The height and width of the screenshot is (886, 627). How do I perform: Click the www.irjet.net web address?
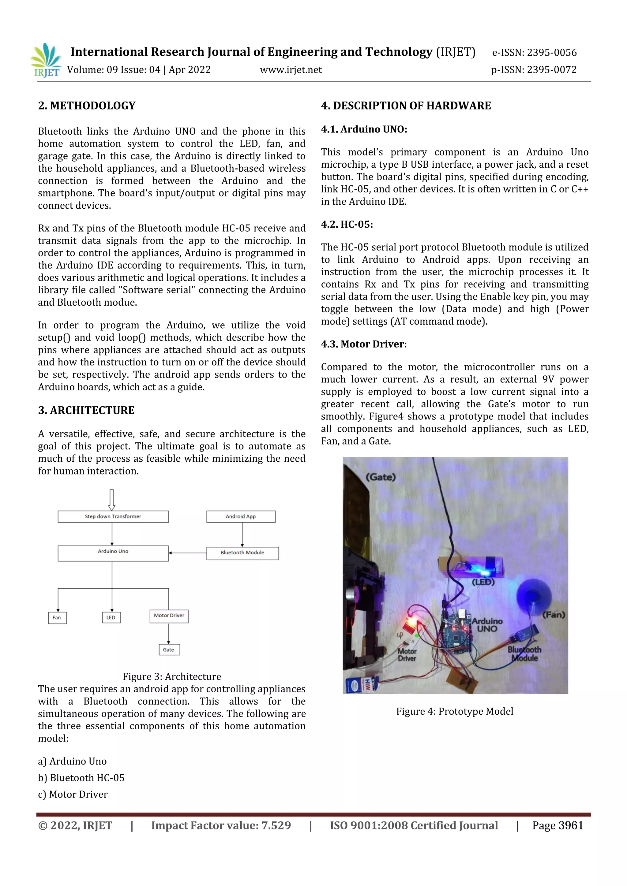click(291, 70)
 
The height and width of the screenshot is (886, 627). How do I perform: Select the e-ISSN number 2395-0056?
click(552, 53)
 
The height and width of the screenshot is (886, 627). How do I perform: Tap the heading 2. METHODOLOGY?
click(87, 106)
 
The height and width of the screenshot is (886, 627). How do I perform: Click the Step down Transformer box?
click(113, 517)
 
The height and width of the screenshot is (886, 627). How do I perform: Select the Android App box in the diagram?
click(241, 517)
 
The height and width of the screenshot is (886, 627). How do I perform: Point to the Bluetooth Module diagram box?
click(242, 553)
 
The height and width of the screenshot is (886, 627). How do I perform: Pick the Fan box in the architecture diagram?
click(57, 617)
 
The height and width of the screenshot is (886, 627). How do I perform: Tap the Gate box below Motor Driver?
click(169, 650)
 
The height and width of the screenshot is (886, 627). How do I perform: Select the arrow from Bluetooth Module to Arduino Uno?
click(188, 553)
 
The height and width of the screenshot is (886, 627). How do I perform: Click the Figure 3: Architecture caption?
click(172, 676)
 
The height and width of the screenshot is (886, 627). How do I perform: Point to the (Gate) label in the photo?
click(381, 477)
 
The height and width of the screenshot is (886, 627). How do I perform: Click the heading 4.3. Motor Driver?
click(364, 344)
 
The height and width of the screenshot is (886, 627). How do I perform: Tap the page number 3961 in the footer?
click(571, 825)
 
